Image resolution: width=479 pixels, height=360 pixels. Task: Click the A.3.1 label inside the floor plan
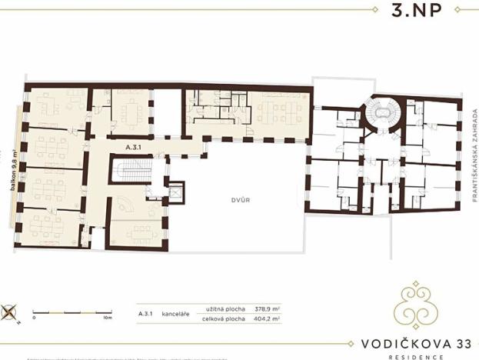click(x=135, y=145)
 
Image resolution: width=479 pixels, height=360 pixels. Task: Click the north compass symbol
click(x=10, y=312)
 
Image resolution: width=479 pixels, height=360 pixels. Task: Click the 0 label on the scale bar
click(x=34, y=317)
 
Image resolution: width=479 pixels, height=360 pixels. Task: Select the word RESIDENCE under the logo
click(x=417, y=357)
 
